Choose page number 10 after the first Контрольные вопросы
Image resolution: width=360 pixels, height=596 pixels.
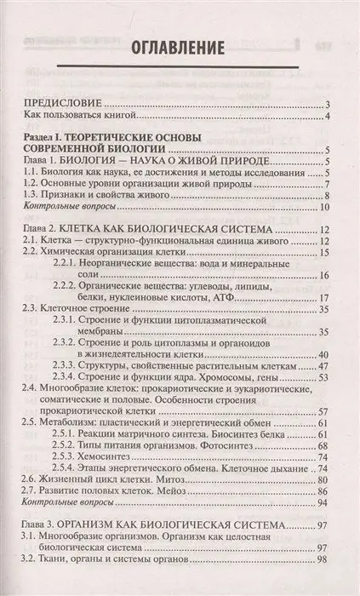324,209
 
